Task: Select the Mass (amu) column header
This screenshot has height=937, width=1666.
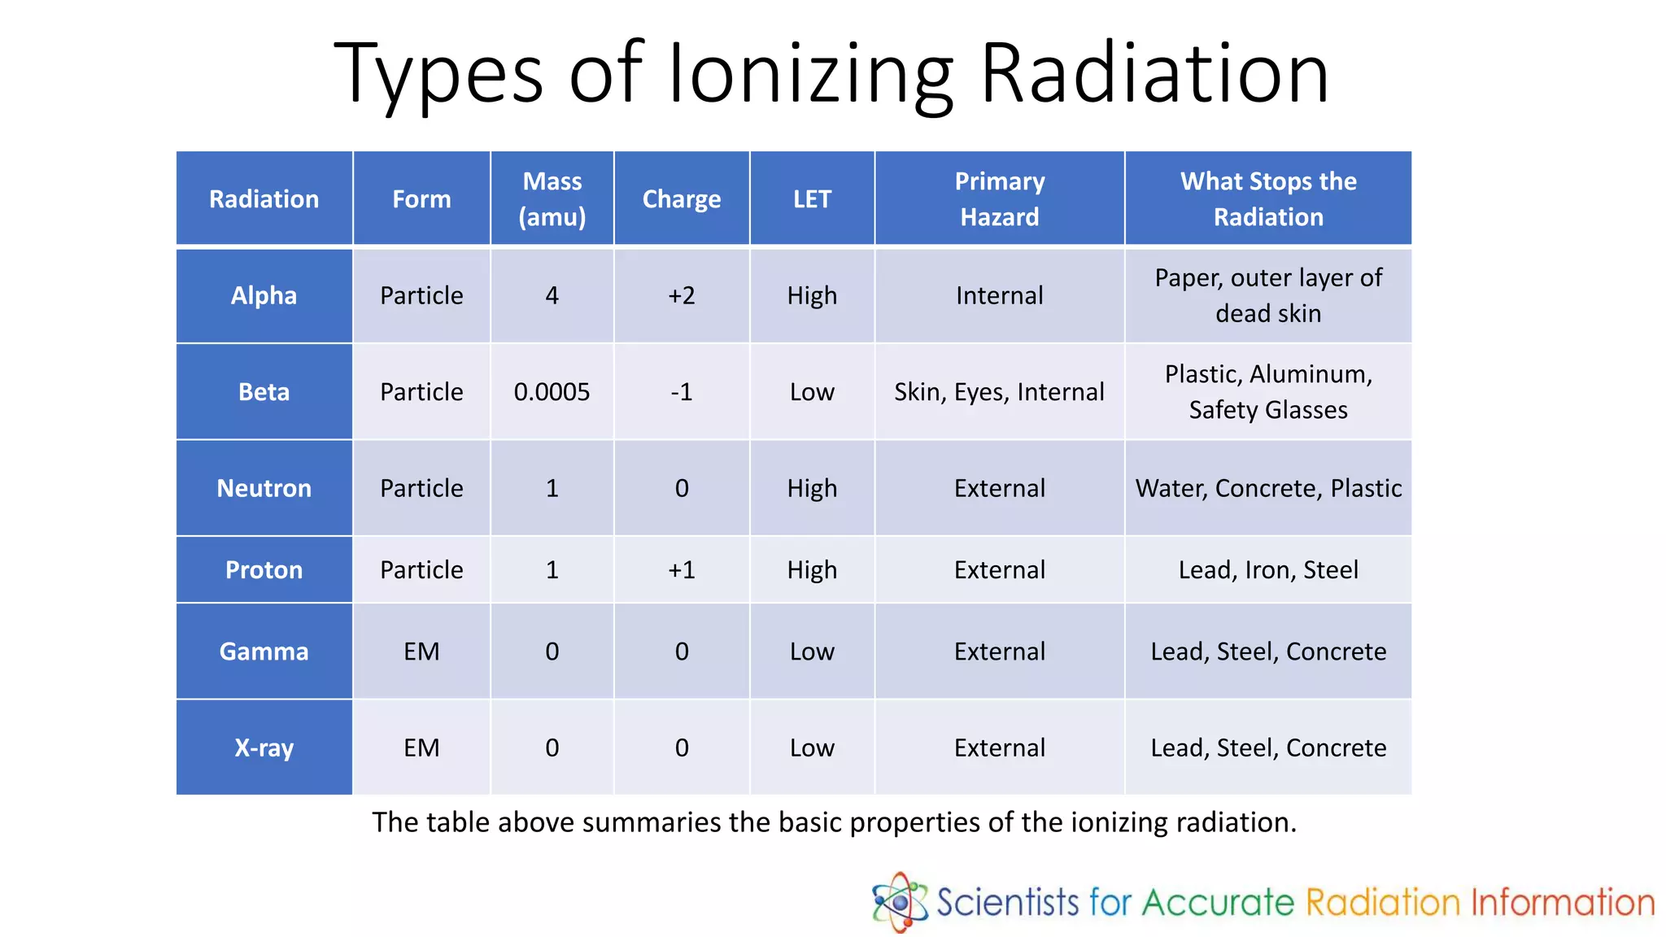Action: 552,198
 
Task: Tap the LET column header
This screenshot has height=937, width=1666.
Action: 812,198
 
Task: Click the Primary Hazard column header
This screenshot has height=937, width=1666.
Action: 999,198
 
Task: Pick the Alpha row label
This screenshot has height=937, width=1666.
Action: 264,295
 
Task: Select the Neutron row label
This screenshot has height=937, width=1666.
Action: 264,488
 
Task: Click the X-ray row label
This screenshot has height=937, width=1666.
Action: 264,747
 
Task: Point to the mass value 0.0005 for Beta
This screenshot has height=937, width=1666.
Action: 552,392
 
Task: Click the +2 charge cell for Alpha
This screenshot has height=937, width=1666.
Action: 681,295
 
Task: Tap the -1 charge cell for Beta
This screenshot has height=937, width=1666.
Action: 681,392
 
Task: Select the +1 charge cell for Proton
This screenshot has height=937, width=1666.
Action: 681,569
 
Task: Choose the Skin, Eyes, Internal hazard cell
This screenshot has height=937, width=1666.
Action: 999,392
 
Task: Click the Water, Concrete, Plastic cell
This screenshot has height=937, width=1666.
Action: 1268,488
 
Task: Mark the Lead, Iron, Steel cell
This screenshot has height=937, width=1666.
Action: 1268,569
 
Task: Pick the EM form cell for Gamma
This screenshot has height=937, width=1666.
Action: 421,652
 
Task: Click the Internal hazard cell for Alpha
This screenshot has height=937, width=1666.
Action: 999,295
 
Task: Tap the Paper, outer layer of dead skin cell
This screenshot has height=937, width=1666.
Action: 1268,295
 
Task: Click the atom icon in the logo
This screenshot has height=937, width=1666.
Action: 900,901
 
